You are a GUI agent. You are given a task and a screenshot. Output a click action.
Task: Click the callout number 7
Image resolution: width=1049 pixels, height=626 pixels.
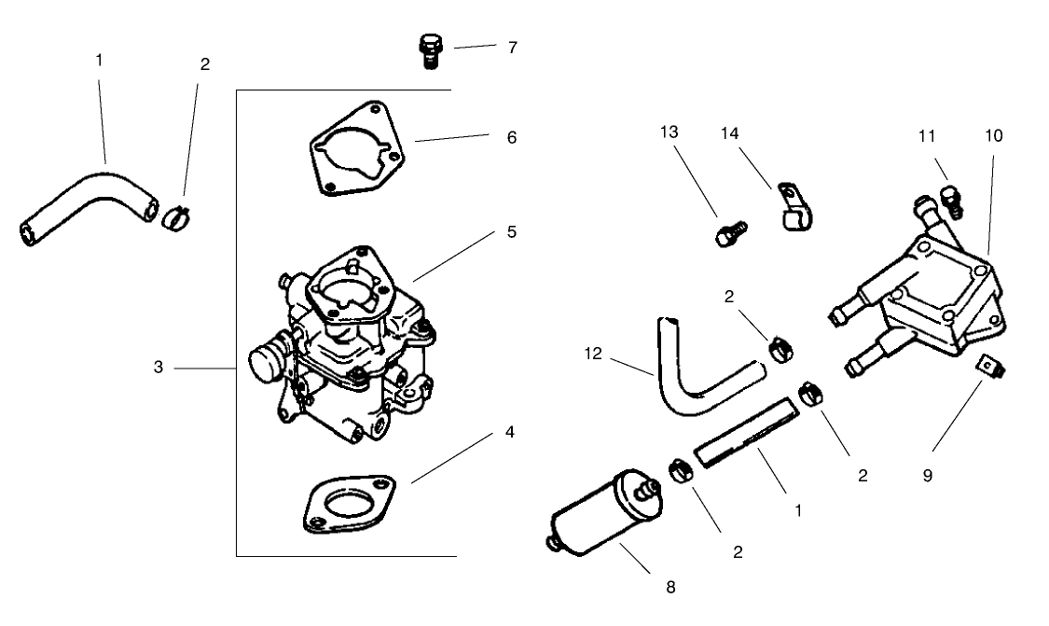coord(512,47)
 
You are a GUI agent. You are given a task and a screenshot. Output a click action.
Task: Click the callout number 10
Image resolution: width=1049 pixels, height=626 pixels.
coord(993,135)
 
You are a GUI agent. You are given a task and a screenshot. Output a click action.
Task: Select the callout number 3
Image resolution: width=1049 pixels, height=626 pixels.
coord(159,368)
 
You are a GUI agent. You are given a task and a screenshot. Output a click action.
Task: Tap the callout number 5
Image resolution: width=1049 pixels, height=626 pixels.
coord(511,230)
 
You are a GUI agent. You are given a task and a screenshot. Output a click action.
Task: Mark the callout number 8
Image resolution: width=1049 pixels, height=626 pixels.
coord(669,587)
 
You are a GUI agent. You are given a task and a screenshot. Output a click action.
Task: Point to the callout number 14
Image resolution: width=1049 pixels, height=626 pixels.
coord(729,134)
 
